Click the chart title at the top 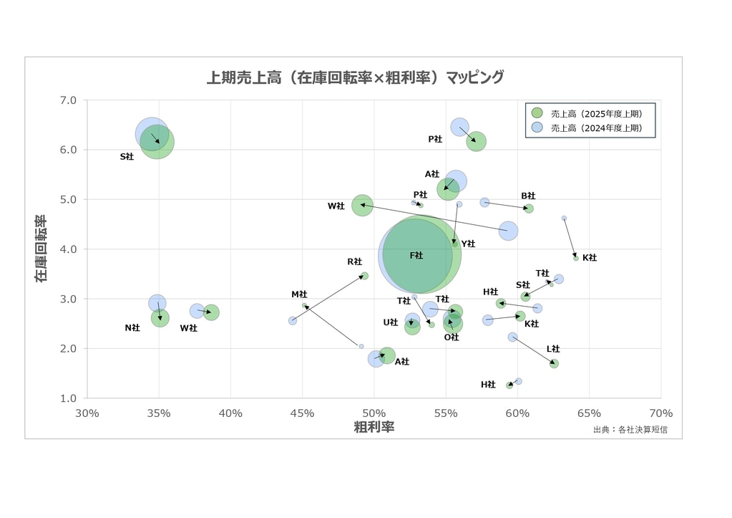pyautogui.click(x=355, y=77)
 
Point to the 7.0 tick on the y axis pyautogui.click(x=68, y=100)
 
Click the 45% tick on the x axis pyautogui.click(x=302, y=413)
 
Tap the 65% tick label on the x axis pyautogui.click(x=589, y=413)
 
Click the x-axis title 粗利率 pyautogui.click(x=374, y=427)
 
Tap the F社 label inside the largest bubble pyautogui.click(x=416, y=256)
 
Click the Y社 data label pyautogui.click(x=468, y=244)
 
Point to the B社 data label pyautogui.click(x=528, y=196)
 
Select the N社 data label pyautogui.click(x=132, y=328)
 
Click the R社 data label pyautogui.click(x=354, y=262)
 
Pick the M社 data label pyautogui.click(x=299, y=294)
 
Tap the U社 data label pyautogui.click(x=390, y=323)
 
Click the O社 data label pyautogui.click(x=451, y=337)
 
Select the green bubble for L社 pyautogui.click(x=554, y=363)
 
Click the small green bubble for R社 pyautogui.click(x=364, y=276)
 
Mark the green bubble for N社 pyautogui.click(x=160, y=318)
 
